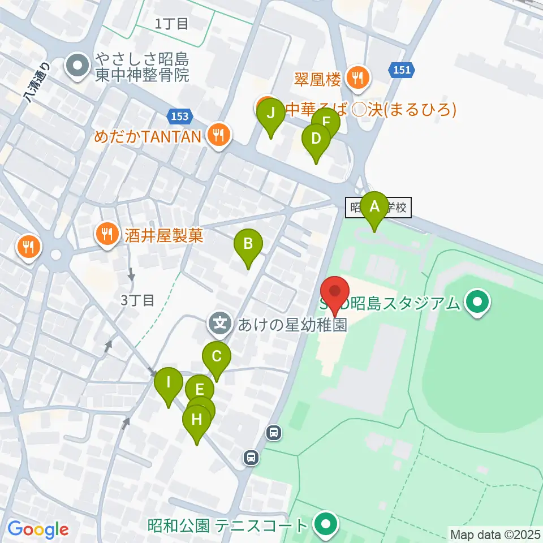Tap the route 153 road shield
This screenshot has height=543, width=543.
pyautogui.click(x=179, y=116)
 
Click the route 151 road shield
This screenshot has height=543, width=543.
pyautogui.click(x=402, y=70)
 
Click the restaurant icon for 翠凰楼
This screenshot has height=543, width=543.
pyautogui.click(x=357, y=79)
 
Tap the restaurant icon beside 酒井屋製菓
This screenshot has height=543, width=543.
pyautogui.click(x=106, y=234)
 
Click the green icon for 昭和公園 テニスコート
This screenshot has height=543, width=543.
pyautogui.click(x=325, y=525)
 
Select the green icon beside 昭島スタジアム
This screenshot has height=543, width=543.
pyautogui.click(x=478, y=304)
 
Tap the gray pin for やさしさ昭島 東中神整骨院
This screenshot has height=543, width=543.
pyautogui.click(x=78, y=67)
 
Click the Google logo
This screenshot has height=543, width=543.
pyautogui.click(x=38, y=529)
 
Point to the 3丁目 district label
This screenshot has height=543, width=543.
pyautogui.click(x=137, y=300)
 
